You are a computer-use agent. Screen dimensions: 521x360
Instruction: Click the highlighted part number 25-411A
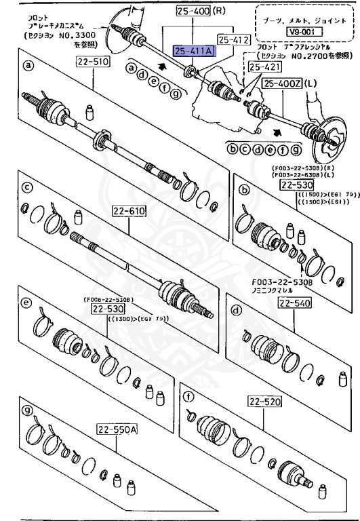tap(193, 51)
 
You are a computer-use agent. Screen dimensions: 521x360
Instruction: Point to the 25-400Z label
tap(282, 84)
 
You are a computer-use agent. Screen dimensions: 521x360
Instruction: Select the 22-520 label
tap(264, 402)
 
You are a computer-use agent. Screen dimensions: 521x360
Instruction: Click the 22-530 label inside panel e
tap(100, 309)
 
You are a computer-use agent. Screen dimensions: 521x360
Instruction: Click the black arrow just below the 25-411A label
tap(161, 66)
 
